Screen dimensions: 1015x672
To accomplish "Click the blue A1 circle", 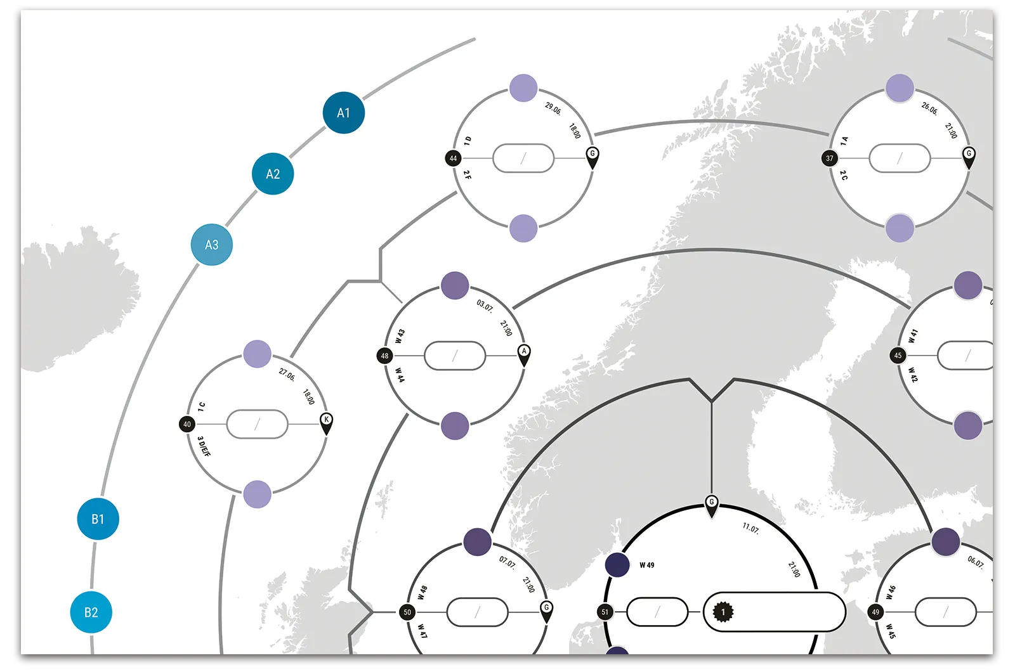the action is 343,113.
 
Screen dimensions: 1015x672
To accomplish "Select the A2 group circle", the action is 273,174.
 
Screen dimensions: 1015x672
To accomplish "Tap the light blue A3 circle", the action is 212,245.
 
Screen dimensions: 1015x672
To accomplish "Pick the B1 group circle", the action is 98,519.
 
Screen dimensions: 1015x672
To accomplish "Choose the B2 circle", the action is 91,612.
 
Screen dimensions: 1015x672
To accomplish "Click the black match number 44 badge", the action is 453,158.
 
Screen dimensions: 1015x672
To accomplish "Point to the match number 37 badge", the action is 830,158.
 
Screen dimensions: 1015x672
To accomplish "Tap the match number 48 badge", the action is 384,356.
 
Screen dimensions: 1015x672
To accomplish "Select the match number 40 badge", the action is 187,424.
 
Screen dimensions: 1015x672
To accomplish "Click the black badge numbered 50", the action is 407,612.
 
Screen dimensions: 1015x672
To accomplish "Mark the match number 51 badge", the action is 605,612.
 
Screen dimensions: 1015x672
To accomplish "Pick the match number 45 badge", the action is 898,356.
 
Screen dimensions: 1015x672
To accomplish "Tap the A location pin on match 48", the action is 524,354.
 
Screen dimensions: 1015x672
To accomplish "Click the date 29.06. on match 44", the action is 553,108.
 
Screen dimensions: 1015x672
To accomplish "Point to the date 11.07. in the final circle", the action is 751,529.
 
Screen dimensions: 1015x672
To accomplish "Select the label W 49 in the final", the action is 647,565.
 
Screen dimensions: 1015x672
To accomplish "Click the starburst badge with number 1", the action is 723,612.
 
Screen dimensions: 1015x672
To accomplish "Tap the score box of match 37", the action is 900,158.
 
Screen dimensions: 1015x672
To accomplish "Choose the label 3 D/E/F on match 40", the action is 204,446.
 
